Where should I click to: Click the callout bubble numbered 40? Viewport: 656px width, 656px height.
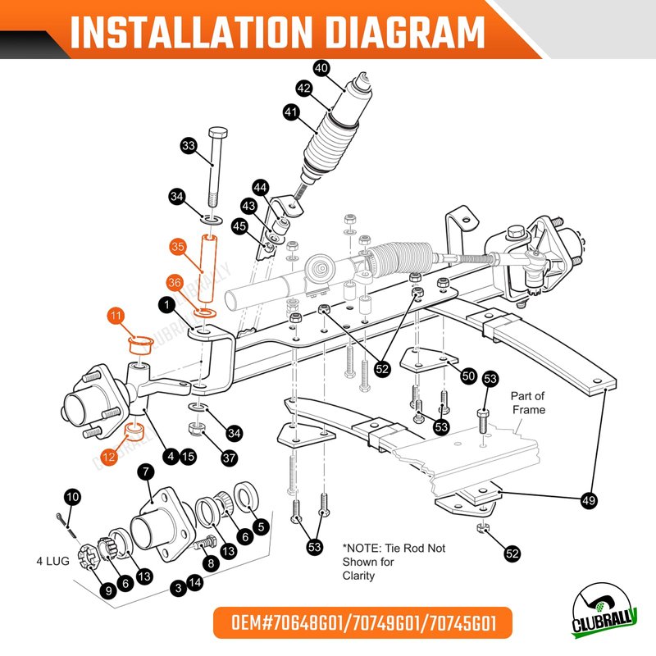[x=321, y=68]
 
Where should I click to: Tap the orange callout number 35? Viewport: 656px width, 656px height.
[x=178, y=247]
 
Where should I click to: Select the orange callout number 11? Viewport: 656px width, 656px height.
[x=116, y=316]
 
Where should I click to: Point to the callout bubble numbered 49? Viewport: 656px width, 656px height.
[x=589, y=500]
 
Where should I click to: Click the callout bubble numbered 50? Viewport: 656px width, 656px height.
[x=468, y=376]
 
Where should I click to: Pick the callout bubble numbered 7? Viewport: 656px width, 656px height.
[x=146, y=472]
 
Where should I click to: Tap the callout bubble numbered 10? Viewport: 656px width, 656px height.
[x=73, y=497]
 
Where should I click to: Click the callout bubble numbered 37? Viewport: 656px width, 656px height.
[x=229, y=458]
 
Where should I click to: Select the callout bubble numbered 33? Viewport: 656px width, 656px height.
[x=189, y=146]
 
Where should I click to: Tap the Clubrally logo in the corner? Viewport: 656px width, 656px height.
[x=604, y=611]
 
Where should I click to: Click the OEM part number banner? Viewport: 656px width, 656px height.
[x=363, y=623]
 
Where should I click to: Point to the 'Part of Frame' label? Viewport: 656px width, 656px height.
[x=528, y=403]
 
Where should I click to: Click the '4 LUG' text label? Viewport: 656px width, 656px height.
[x=52, y=561]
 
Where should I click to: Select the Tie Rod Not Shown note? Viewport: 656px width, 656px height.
[x=394, y=562]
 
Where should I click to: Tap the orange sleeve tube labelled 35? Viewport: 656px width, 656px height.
[x=208, y=268]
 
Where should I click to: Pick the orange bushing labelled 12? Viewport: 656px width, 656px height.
[x=134, y=432]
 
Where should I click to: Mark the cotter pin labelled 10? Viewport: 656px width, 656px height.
[x=66, y=526]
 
